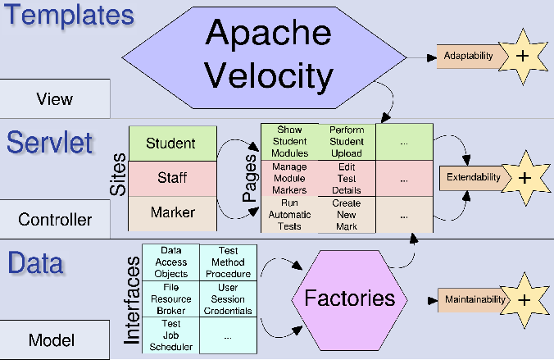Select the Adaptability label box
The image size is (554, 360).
468,56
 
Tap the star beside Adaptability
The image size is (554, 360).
522,56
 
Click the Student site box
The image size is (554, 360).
172,144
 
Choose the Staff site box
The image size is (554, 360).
172,178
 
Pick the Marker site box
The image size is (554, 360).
172,213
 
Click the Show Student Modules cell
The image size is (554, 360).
289,141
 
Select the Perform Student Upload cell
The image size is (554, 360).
347,141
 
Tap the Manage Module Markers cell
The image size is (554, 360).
289,177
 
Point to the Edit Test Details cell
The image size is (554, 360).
347,177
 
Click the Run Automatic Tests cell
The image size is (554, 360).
289,213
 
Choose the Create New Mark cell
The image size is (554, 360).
347,214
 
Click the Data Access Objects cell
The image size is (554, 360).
170,262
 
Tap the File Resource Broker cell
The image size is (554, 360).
170,298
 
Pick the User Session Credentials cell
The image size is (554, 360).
228,298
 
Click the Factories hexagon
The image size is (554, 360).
350,298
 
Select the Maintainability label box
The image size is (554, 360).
475,298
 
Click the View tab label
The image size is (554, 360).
55,99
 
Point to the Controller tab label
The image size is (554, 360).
55,219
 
